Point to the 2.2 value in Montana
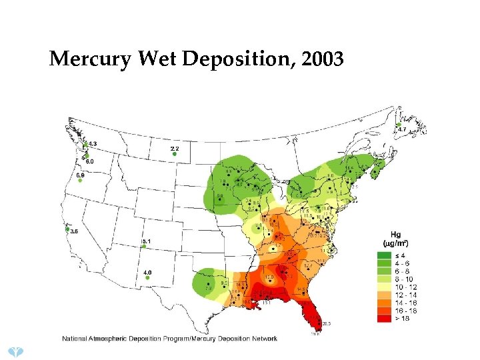tap(174, 147)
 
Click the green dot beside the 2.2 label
tap(174, 154)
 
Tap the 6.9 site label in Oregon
tap(80, 175)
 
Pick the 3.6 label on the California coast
tap(74, 231)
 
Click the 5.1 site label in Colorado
tap(147, 241)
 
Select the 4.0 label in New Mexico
tap(147, 272)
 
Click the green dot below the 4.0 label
tap(147, 278)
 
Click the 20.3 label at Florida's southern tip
tap(326, 323)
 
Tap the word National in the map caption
tap(75, 339)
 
